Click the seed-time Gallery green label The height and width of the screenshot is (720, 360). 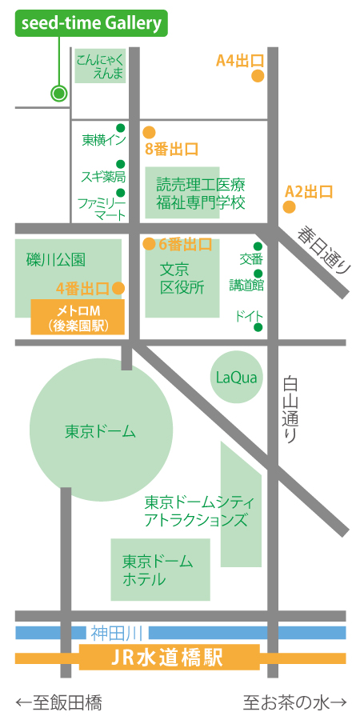click(x=90, y=24)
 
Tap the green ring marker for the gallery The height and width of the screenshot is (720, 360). click(x=58, y=93)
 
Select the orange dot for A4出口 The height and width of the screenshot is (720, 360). click(x=258, y=76)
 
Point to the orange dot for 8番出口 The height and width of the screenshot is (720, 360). click(x=149, y=133)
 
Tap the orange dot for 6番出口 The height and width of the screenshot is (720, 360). click(x=149, y=244)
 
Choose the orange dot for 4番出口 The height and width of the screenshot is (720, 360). click(x=118, y=288)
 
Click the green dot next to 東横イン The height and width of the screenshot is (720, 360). click(x=121, y=128)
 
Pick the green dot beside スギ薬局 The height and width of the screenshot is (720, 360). click(x=121, y=166)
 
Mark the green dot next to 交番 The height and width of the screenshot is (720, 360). click(x=258, y=246)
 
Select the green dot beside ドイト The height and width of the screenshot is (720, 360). click(x=258, y=326)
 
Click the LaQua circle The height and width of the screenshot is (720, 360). click(x=237, y=377)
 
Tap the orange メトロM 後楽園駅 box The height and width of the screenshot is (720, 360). click(x=78, y=317)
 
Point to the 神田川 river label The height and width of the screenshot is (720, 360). click(x=110, y=633)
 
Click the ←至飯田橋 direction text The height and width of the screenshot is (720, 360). click(x=58, y=703)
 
